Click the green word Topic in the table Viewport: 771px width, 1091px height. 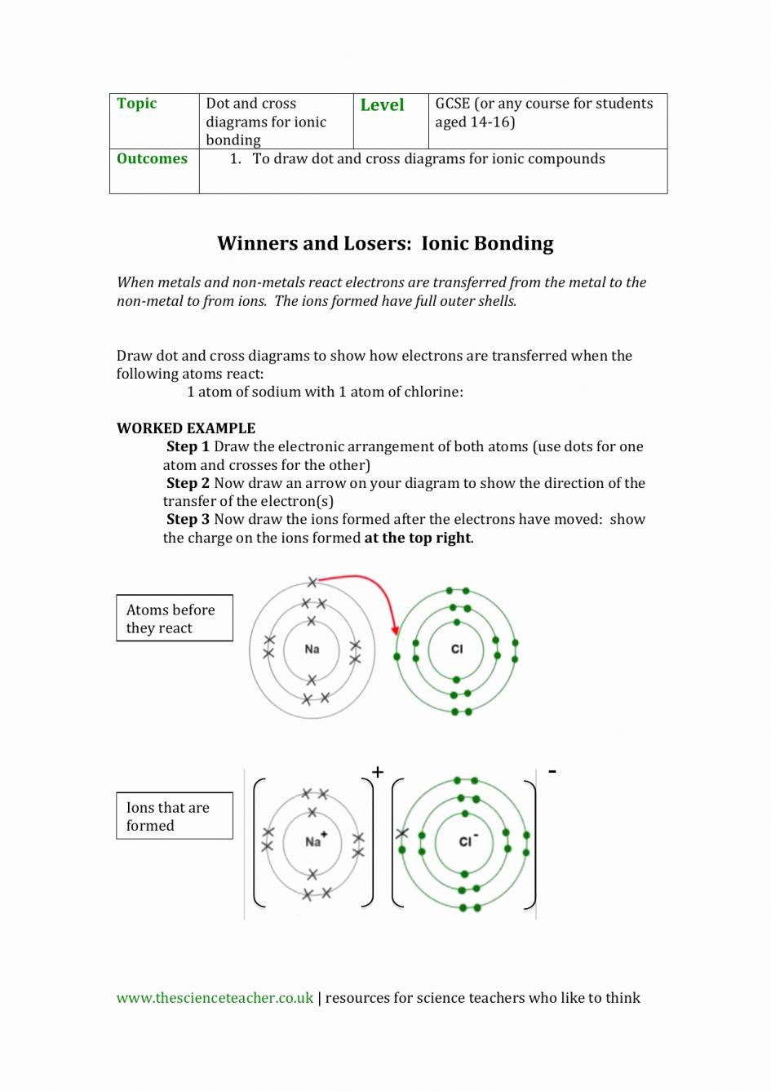point(136,104)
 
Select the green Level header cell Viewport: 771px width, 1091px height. point(382,105)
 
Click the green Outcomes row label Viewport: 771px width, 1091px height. point(152,159)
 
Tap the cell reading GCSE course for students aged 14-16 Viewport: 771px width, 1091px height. point(543,113)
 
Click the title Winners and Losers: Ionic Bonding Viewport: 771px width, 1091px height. point(385,244)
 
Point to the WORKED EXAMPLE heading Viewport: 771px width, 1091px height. point(186,428)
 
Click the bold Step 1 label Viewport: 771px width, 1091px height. point(188,447)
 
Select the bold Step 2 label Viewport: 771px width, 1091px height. point(188,483)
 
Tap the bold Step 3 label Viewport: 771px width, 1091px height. point(188,520)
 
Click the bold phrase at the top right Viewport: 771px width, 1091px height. point(418,539)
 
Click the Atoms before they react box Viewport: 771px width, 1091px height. point(174,619)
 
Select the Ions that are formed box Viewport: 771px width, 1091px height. point(174,816)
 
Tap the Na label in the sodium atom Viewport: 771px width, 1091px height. point(312,650)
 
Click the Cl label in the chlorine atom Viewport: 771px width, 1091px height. point(457,650)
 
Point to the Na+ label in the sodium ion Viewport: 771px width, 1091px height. point(315,841)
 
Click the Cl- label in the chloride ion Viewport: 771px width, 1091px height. point(467,841)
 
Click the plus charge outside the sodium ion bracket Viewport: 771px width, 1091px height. point(378,772)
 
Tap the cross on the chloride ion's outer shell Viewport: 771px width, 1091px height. point(401,833)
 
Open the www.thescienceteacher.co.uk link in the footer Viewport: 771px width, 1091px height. point(215,998)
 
